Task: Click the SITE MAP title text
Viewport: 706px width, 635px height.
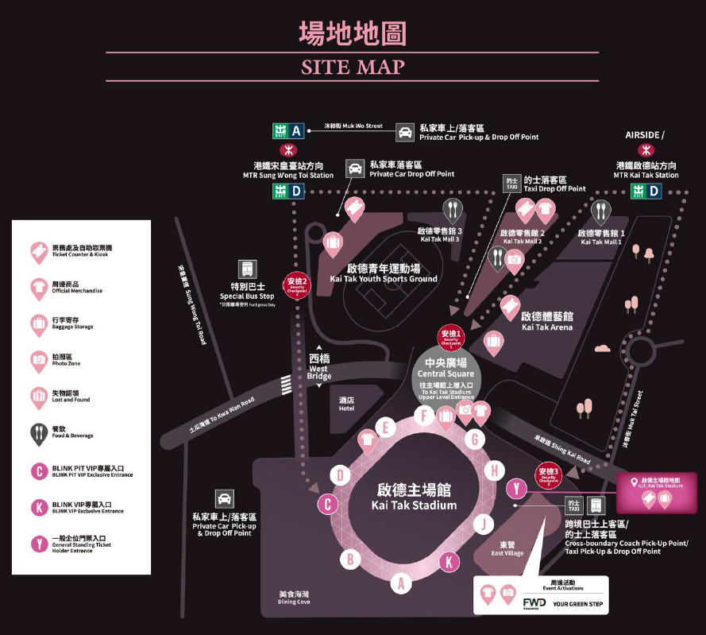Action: [353, 67]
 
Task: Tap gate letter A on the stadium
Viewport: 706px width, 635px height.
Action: [401, 583]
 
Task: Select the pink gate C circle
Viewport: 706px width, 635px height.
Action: [328, 503]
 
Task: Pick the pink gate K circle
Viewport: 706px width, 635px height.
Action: [449, 562]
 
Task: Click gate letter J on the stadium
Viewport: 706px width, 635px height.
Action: [483, 524]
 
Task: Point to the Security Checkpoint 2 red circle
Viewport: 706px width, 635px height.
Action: [296, 284]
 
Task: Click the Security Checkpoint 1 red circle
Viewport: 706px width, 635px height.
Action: [450, 338]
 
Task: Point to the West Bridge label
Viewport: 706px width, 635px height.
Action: [319, 367]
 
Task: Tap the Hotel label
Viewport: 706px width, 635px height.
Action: [346, 404]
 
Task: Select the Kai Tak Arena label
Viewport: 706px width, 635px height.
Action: [547, 321]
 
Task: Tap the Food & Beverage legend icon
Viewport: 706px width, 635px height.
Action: [39, 433]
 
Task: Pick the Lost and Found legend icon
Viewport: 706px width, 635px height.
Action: [39, 397]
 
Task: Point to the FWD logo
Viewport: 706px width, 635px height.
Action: [534, 603]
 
